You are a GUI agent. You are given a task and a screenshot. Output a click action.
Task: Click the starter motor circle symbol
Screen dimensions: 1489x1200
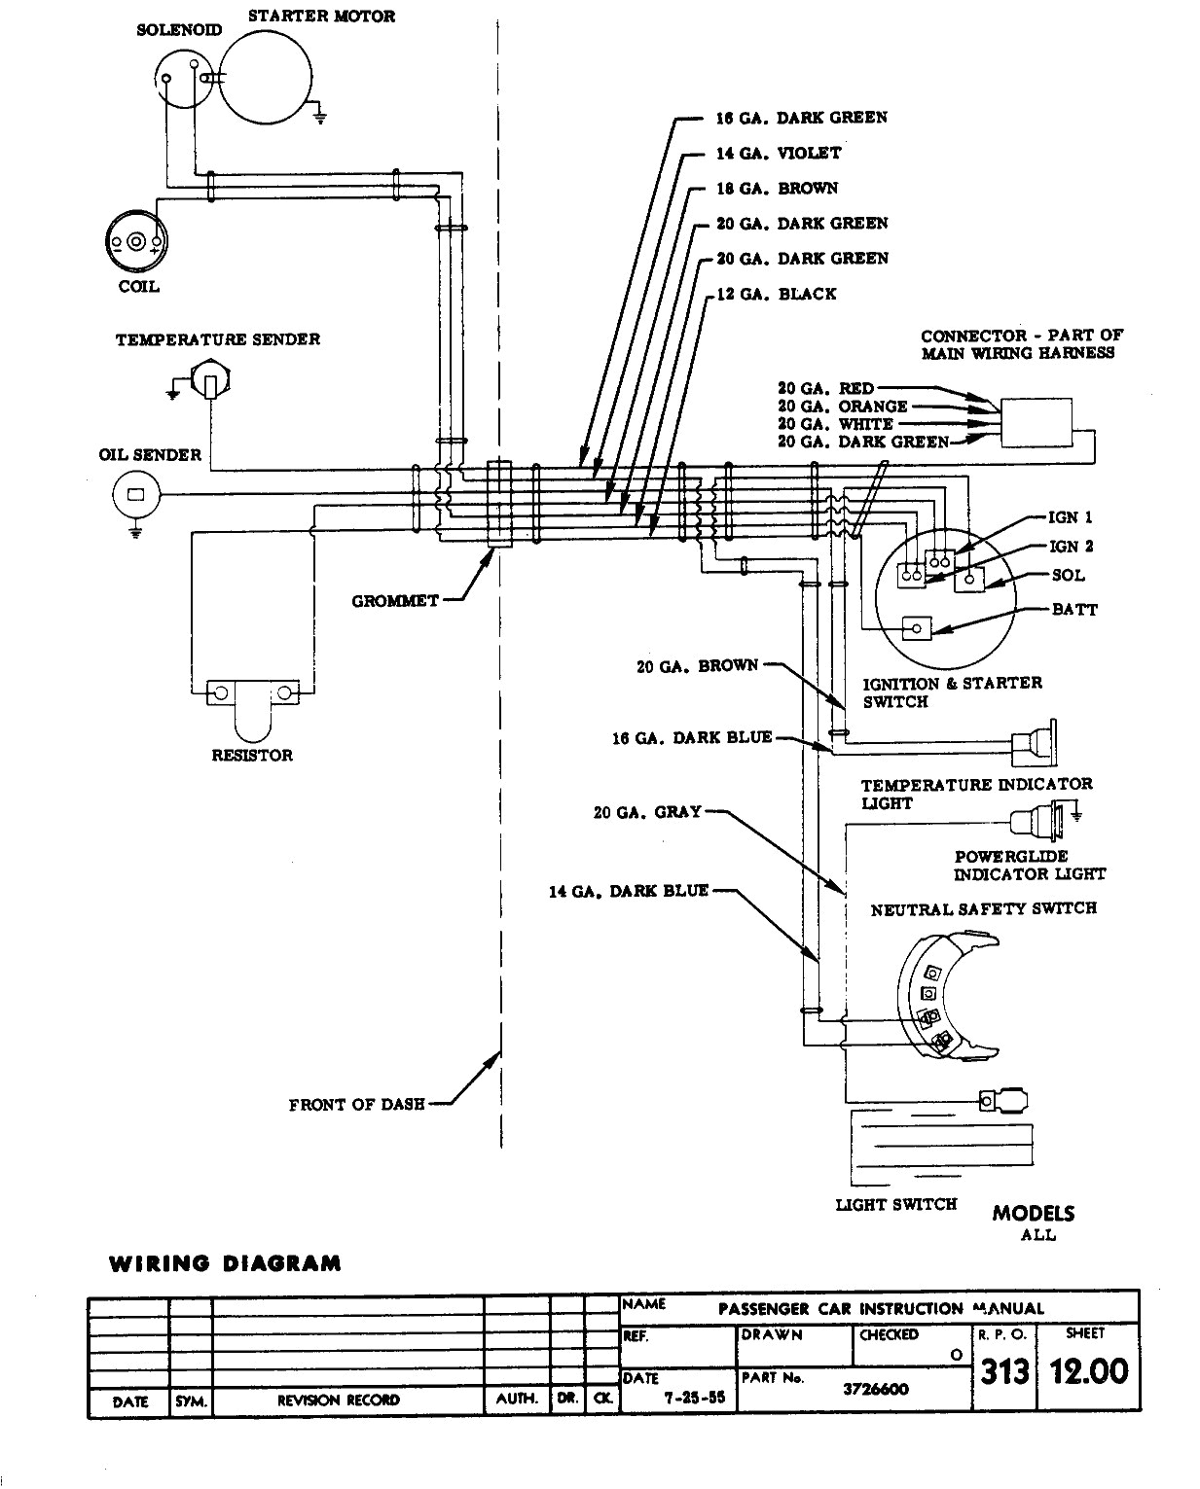[x=266, y=77]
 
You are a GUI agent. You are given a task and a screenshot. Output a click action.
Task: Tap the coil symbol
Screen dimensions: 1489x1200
[x=136, y=241]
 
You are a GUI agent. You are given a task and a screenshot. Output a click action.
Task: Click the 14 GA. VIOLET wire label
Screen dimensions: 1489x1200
[x=779, y=153]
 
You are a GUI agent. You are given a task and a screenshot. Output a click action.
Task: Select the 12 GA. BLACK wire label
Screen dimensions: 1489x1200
[x=776, y=294]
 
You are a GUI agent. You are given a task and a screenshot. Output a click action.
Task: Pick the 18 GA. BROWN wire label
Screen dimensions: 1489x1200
[x=777, y=188]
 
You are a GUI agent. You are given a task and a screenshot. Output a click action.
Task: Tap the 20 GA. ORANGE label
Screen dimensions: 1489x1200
[x=842, y=407]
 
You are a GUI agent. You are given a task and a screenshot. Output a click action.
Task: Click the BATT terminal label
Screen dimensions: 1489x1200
[x=1074, y=610]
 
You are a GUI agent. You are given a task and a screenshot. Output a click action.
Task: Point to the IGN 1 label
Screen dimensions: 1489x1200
[x=1070, y=517]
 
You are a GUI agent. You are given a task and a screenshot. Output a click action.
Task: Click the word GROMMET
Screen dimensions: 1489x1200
[x=394, y=601]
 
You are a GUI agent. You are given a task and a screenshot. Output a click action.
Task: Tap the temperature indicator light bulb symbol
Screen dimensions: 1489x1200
[x=1036, y=744]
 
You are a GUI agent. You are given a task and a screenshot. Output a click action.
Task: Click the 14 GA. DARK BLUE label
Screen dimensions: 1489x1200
[x=628, y=891]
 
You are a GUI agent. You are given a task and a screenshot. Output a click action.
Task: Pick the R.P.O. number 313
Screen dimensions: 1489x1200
[x=1003, y=1371]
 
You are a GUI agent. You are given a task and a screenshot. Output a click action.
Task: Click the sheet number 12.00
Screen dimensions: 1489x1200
[x=1088, y=1371]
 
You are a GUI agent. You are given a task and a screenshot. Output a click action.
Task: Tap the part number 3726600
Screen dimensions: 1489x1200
[x=875, y=1389]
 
